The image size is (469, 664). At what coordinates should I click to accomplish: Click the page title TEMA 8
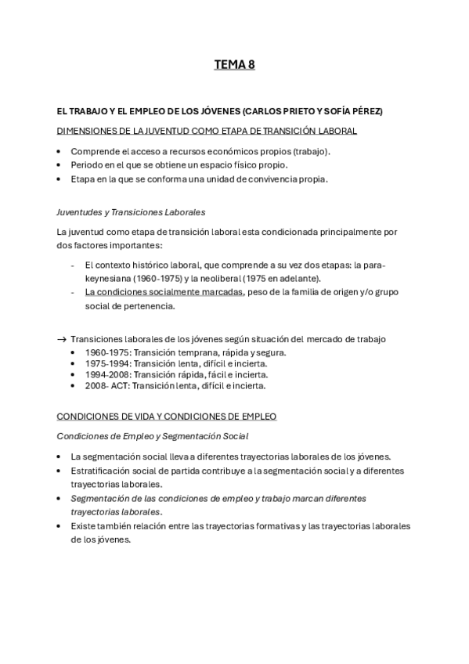[234, 66]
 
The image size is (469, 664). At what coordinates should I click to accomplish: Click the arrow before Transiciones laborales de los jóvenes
[62, 339]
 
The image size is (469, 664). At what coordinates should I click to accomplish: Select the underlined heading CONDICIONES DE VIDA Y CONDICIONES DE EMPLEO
[167, 417]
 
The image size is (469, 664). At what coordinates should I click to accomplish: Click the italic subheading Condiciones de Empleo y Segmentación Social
[153, 436]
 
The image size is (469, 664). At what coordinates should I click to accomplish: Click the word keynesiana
[111, 279]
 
